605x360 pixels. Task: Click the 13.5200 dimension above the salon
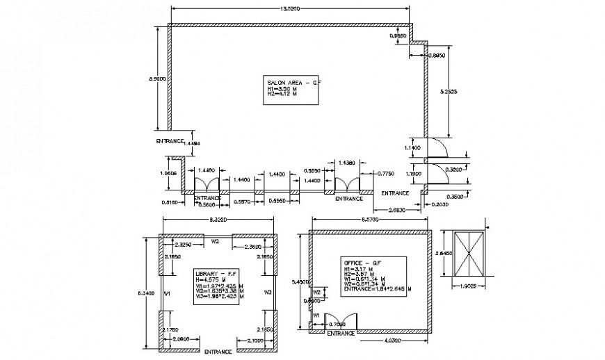(x=290, y=8)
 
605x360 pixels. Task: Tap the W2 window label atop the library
(x=216, y=241)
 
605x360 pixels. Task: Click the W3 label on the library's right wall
(x=268, y=293)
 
